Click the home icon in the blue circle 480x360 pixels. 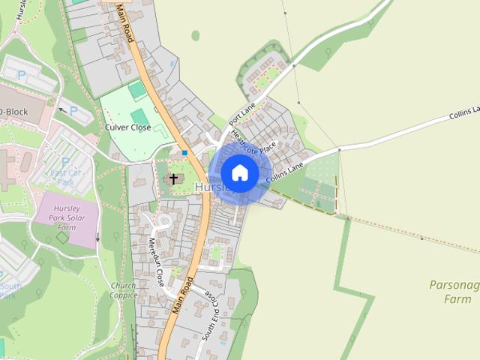[239, 172]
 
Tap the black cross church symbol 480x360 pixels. [174, 178]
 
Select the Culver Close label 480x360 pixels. [128, 127]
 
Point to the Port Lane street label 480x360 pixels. [242, 115]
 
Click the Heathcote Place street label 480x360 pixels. [254, 142]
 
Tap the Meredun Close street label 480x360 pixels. [156, 263]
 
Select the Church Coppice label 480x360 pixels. [122, 290]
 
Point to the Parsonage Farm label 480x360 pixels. [453, 292]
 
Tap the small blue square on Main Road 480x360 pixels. [184, 152]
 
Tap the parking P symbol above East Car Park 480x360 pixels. [65, 162]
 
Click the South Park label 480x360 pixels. [9, 291]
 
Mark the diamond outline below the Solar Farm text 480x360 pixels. [62, 237]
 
